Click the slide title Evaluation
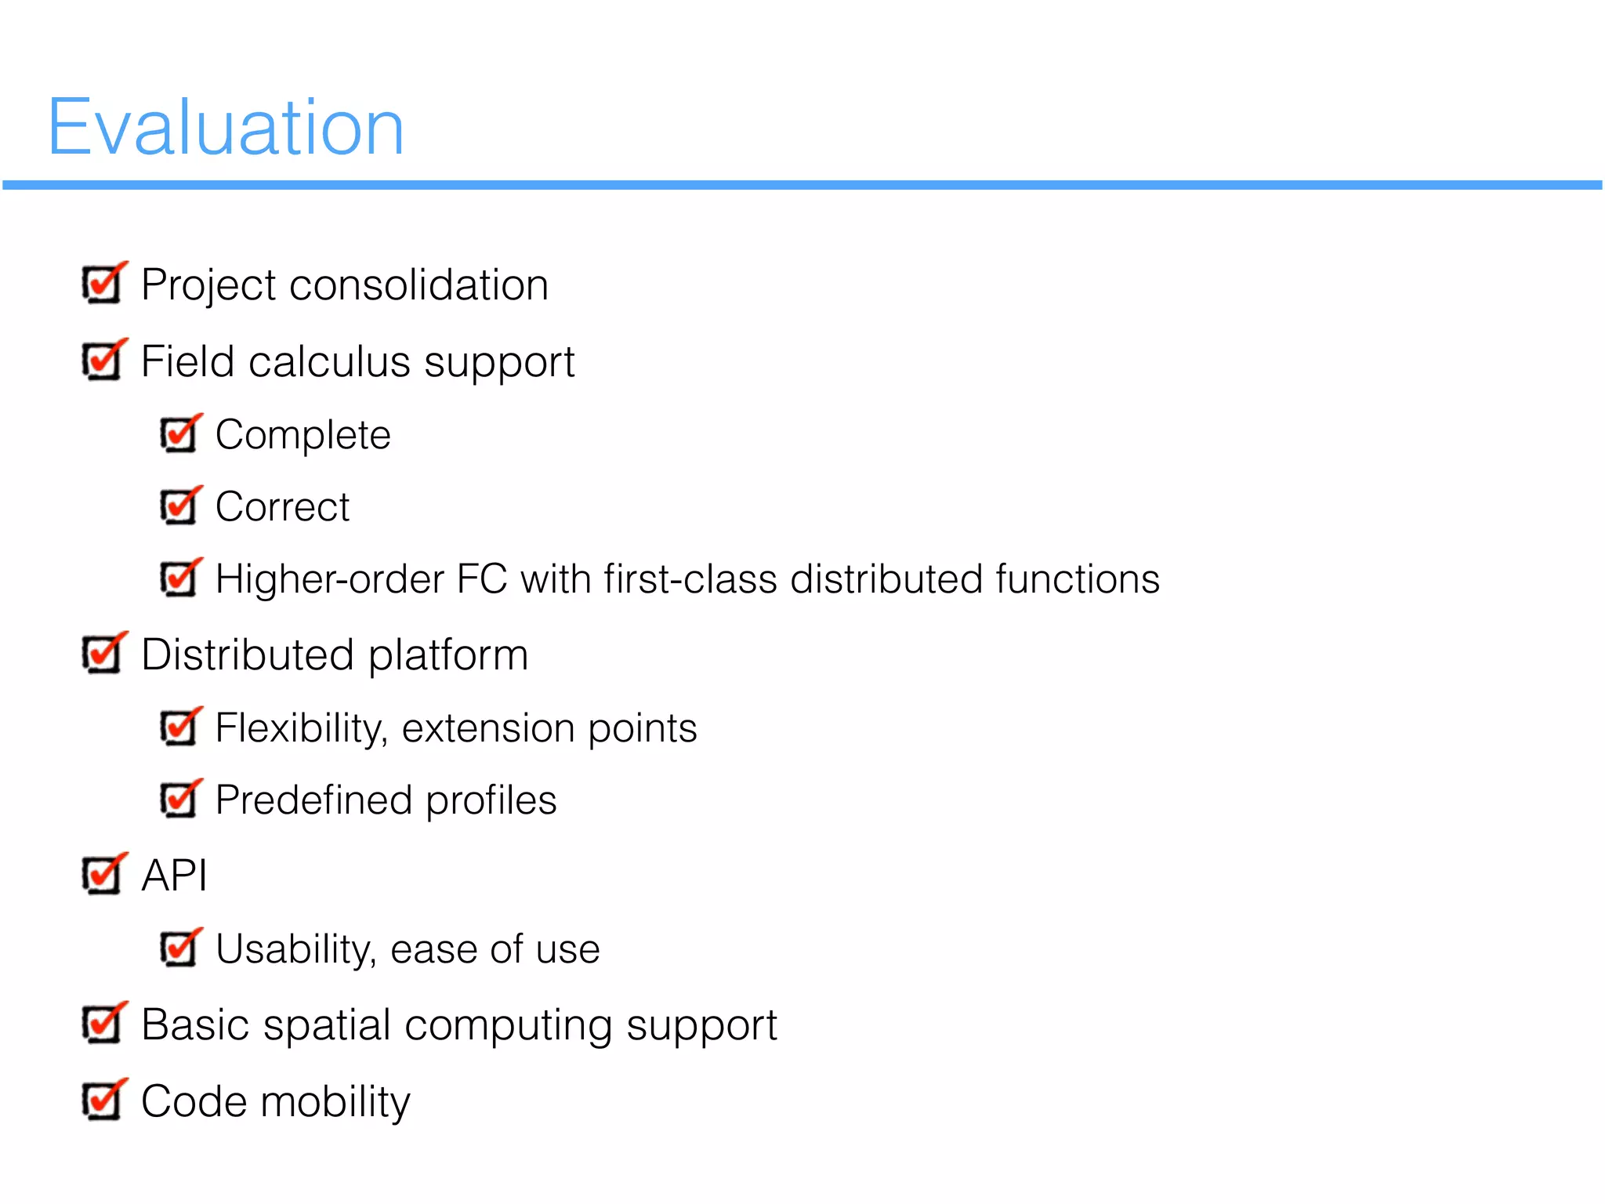click(x=226, y=127)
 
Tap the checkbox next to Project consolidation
click(x=102, y=285)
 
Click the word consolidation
click(x=418, y=285)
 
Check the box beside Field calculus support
click(x=102, y=361)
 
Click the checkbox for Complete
click(x=179, y=435)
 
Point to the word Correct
click(x=282, y=507)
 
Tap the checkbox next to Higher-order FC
click(x=179, y=579)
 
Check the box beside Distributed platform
click(x=102, y=655)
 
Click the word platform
click(x=448, y=656)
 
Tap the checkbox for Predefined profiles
click(x=179, y=800)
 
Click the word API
click(x=174, y=876)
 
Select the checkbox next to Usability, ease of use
click(x=179, y=949)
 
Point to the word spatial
click(x=327, y=1026)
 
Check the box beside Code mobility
click(x=102, y=1101)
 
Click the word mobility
click(x=335, y=1103)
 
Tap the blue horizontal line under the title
click(x=802, y=185)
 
